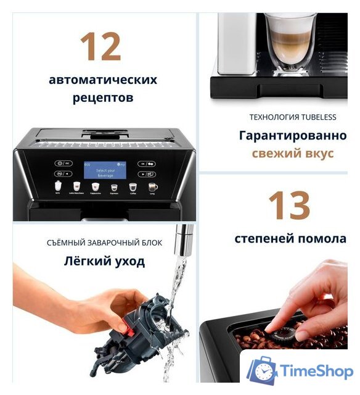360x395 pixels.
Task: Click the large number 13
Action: point(289,206)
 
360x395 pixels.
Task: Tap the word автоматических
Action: point(103,80)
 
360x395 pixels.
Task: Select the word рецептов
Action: point(103,98)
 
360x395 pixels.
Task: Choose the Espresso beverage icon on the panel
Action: point(113,186)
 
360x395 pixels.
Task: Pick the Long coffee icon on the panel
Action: point(152,186)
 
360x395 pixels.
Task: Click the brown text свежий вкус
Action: point(292,153)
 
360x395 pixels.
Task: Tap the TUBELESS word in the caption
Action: point(318,117)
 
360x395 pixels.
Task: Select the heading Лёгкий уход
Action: point(104,261)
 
